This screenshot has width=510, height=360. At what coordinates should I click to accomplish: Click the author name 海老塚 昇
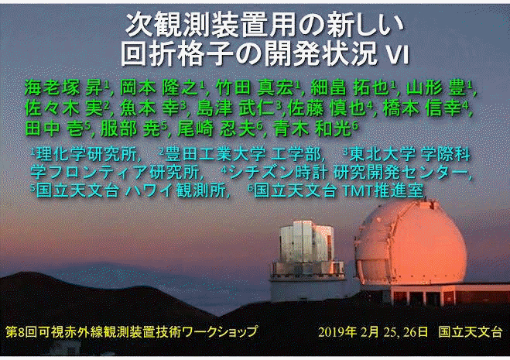coord(64,87)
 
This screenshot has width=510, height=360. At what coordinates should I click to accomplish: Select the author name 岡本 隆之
coord(159,87)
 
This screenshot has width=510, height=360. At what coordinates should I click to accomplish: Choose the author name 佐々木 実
coord(64,108)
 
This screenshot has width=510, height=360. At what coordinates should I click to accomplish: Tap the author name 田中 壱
coord(54,129)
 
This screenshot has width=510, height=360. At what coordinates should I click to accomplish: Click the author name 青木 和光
coord(312,129)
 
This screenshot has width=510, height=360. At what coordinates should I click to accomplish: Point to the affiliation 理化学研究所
coord(87,154)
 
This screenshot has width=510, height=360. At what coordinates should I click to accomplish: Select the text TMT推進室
coord(382,190)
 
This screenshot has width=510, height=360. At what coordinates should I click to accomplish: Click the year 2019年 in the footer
coord(337,332)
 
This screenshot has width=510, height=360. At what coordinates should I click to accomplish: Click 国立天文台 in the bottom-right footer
coord(471,332)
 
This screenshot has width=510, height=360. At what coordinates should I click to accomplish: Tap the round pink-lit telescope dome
coord(410,244)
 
